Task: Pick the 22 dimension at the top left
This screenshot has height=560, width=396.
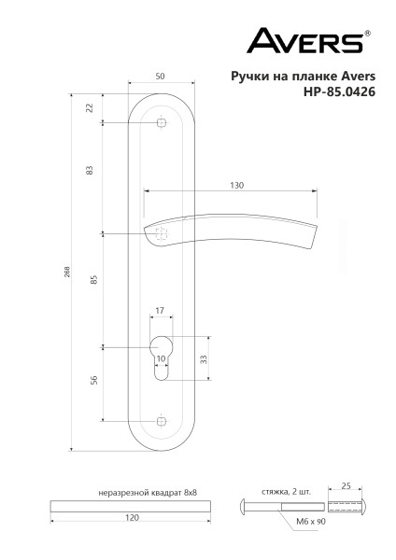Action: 90,108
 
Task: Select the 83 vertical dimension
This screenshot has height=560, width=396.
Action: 90,171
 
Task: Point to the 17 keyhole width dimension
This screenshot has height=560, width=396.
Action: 160,311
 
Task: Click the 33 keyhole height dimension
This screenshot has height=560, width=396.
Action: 203,358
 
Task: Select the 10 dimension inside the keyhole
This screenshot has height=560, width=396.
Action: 161,357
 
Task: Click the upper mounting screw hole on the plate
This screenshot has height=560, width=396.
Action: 161,123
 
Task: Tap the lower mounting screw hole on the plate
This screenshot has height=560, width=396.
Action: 161,422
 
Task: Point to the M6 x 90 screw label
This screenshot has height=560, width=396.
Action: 309,524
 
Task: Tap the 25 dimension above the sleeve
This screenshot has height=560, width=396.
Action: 346,487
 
